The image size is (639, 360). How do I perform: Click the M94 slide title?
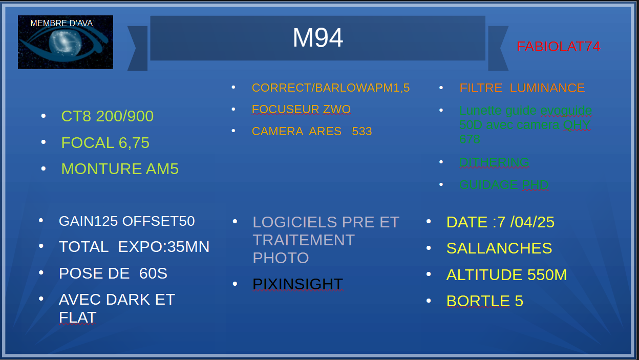click(318, 38)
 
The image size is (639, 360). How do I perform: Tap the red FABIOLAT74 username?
click(559, 47)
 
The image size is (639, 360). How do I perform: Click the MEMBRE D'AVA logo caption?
click(61, 23)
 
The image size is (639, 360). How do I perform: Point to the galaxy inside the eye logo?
click(65, 44)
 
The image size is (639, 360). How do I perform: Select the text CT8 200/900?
click(107, 116)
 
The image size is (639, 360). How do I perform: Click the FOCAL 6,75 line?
click(105, 143)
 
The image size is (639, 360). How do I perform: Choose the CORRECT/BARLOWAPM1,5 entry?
click(331, 88)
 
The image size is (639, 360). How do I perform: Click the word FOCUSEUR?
click(285, 109)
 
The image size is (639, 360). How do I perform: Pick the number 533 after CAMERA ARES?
click(361, 132)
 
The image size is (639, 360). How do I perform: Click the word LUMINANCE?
click(547, 88)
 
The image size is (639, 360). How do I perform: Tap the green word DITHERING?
click(494, 162)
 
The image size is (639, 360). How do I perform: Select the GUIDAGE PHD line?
click(504, 184)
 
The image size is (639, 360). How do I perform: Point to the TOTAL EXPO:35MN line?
click(134, 247)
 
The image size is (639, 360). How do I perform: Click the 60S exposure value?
click(153, 273)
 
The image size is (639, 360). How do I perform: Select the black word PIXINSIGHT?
click(297, 284)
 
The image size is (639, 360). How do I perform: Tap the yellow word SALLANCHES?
click(499, 248)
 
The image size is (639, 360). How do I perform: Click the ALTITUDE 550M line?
click(506, 274)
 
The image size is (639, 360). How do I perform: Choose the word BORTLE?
click(478, 301)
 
